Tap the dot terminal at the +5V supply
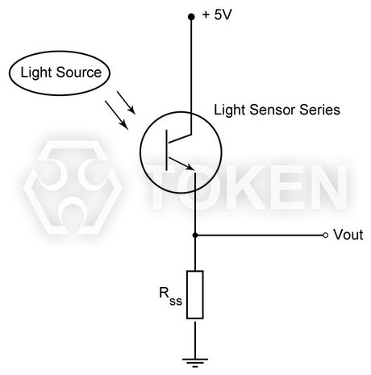click(x=192, y=15)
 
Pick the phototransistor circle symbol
click(x=178, y=153)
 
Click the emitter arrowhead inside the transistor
click(x=190, y=167)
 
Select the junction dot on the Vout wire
click(x=194, y=235)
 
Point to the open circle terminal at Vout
click(x=326, y=235)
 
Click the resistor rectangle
click(x=194, y=295)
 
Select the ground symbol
click(x=194, y=360)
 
